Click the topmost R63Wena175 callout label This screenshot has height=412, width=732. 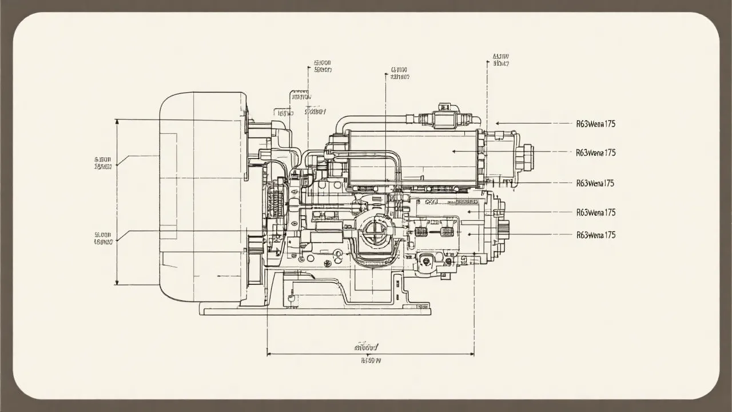point(596,123)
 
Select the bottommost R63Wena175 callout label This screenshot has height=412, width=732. point(596,235)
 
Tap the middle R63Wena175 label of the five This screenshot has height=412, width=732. point(596,183)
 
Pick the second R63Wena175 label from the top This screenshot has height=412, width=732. point(596,153)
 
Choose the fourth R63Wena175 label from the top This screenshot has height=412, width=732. point(596,212)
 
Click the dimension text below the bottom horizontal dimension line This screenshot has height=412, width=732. point(371,361)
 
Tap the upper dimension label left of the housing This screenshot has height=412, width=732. point(104,163)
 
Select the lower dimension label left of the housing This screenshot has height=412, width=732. point(104,238)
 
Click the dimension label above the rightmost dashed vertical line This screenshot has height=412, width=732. point(500,60)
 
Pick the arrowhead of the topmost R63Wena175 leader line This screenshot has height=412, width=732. point(498,123)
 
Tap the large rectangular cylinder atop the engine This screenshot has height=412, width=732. point(412,157)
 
